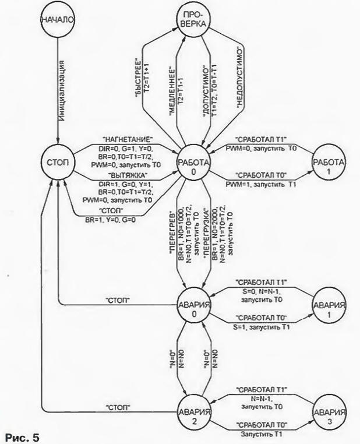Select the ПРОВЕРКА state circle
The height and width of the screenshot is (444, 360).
point(190,20)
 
